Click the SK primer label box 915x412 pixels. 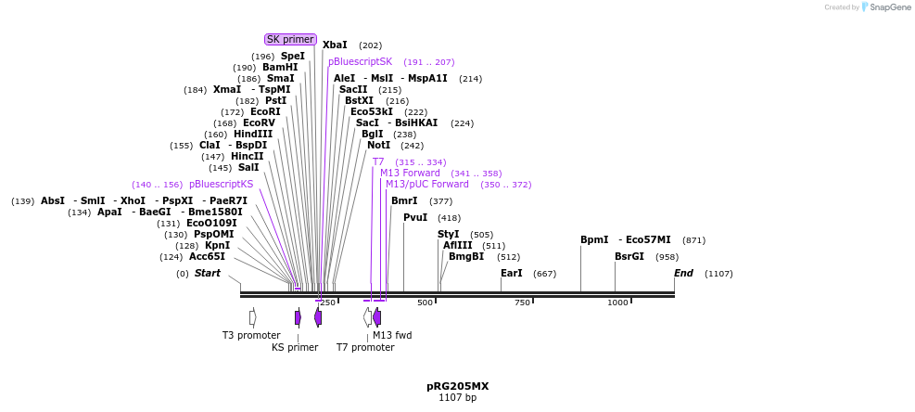coord(290,39)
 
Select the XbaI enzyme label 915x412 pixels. coord(335,45)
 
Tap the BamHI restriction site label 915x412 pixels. coord(280,67)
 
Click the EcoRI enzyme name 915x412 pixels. coord(265,111)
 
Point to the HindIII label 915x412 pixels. coord(253,134)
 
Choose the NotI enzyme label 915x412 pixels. coord(378,145)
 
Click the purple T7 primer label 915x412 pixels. coord(378,161)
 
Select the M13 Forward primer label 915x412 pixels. coord(410,173)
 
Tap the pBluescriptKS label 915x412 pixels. coord(221,184)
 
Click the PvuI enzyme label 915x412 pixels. coord(415,217)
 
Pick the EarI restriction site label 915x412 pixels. coord(512,273)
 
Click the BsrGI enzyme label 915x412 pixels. coord(629,256)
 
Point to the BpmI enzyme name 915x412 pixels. coord(594,239)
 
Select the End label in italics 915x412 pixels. coord(683,273)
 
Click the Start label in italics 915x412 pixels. coord(208,273)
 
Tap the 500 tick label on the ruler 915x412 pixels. coord(426,303)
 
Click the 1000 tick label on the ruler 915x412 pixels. coord(617,303)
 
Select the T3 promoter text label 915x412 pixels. coord(251,335)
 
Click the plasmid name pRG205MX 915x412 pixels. coord(457,386)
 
